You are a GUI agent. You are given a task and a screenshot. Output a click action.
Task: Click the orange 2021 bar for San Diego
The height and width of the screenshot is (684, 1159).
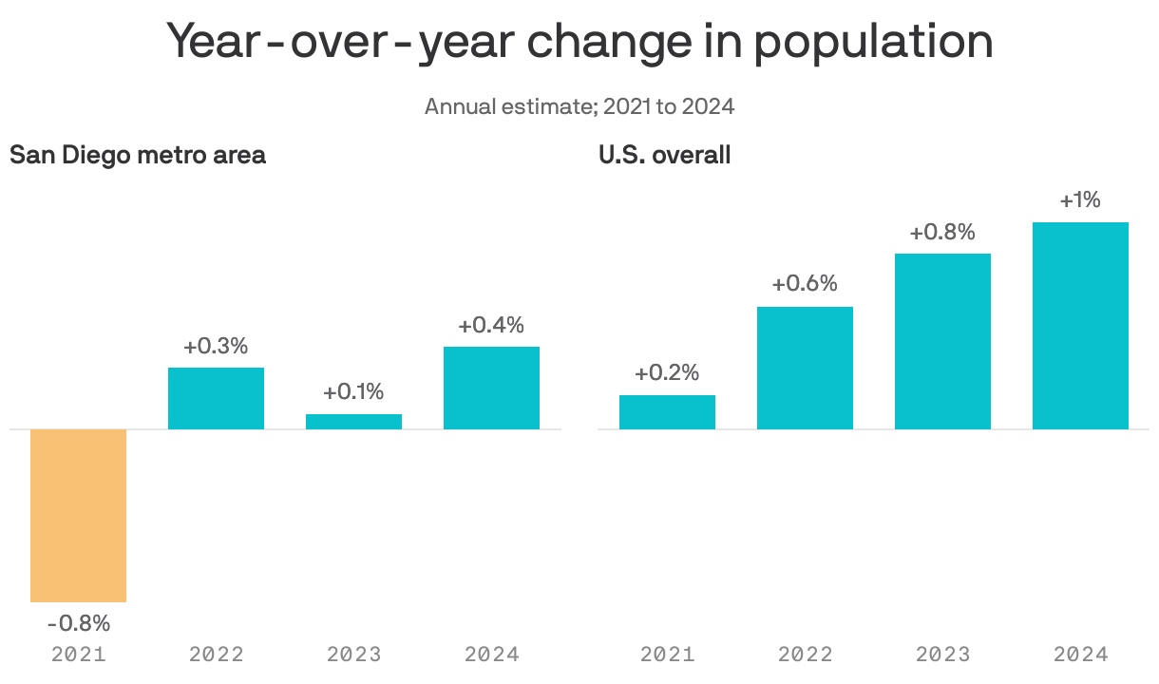coord(78,515)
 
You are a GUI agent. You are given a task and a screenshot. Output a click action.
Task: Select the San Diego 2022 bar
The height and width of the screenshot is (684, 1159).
coord(216,398)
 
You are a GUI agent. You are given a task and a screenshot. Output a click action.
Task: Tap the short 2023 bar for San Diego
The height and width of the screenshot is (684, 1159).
coord(353,421)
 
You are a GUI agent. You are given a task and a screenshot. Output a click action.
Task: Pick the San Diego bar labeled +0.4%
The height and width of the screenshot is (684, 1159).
coord(491,388)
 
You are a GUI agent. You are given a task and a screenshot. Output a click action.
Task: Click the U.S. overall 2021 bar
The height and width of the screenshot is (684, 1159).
coord(667,412)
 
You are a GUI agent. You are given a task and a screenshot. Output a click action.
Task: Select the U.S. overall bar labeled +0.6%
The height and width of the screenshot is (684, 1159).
coord(805,368)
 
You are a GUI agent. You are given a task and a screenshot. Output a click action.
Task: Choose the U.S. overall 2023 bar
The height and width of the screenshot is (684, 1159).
coord(942,341)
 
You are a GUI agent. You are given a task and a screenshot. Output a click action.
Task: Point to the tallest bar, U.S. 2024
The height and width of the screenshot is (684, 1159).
coord(1080,326)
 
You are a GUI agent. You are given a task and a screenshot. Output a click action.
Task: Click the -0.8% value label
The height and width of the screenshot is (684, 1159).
coord(79,624)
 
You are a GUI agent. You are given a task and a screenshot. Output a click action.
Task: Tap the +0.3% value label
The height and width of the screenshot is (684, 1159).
coord(216,347)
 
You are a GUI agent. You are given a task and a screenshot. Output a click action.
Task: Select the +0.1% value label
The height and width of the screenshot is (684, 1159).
coord(353,392)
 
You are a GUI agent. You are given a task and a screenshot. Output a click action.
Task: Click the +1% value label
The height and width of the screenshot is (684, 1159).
coord(1080,200)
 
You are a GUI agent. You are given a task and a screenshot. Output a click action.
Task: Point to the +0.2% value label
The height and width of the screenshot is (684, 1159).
coord(667,373)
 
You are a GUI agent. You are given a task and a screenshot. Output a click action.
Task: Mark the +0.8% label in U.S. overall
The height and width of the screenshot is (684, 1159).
coord(942,233)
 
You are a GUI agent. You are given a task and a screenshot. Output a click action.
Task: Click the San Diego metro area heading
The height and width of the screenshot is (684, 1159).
coord(138,155)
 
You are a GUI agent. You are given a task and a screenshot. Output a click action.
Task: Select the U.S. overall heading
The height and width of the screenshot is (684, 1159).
coord(664,155)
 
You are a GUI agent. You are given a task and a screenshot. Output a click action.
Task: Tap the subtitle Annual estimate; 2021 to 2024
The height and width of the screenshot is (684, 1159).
coord(579,105)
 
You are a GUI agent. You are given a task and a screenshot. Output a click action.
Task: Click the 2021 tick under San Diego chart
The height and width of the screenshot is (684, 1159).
coord(79,655)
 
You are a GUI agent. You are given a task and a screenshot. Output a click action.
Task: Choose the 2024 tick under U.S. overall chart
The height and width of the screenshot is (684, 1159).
coord(1080,655)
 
